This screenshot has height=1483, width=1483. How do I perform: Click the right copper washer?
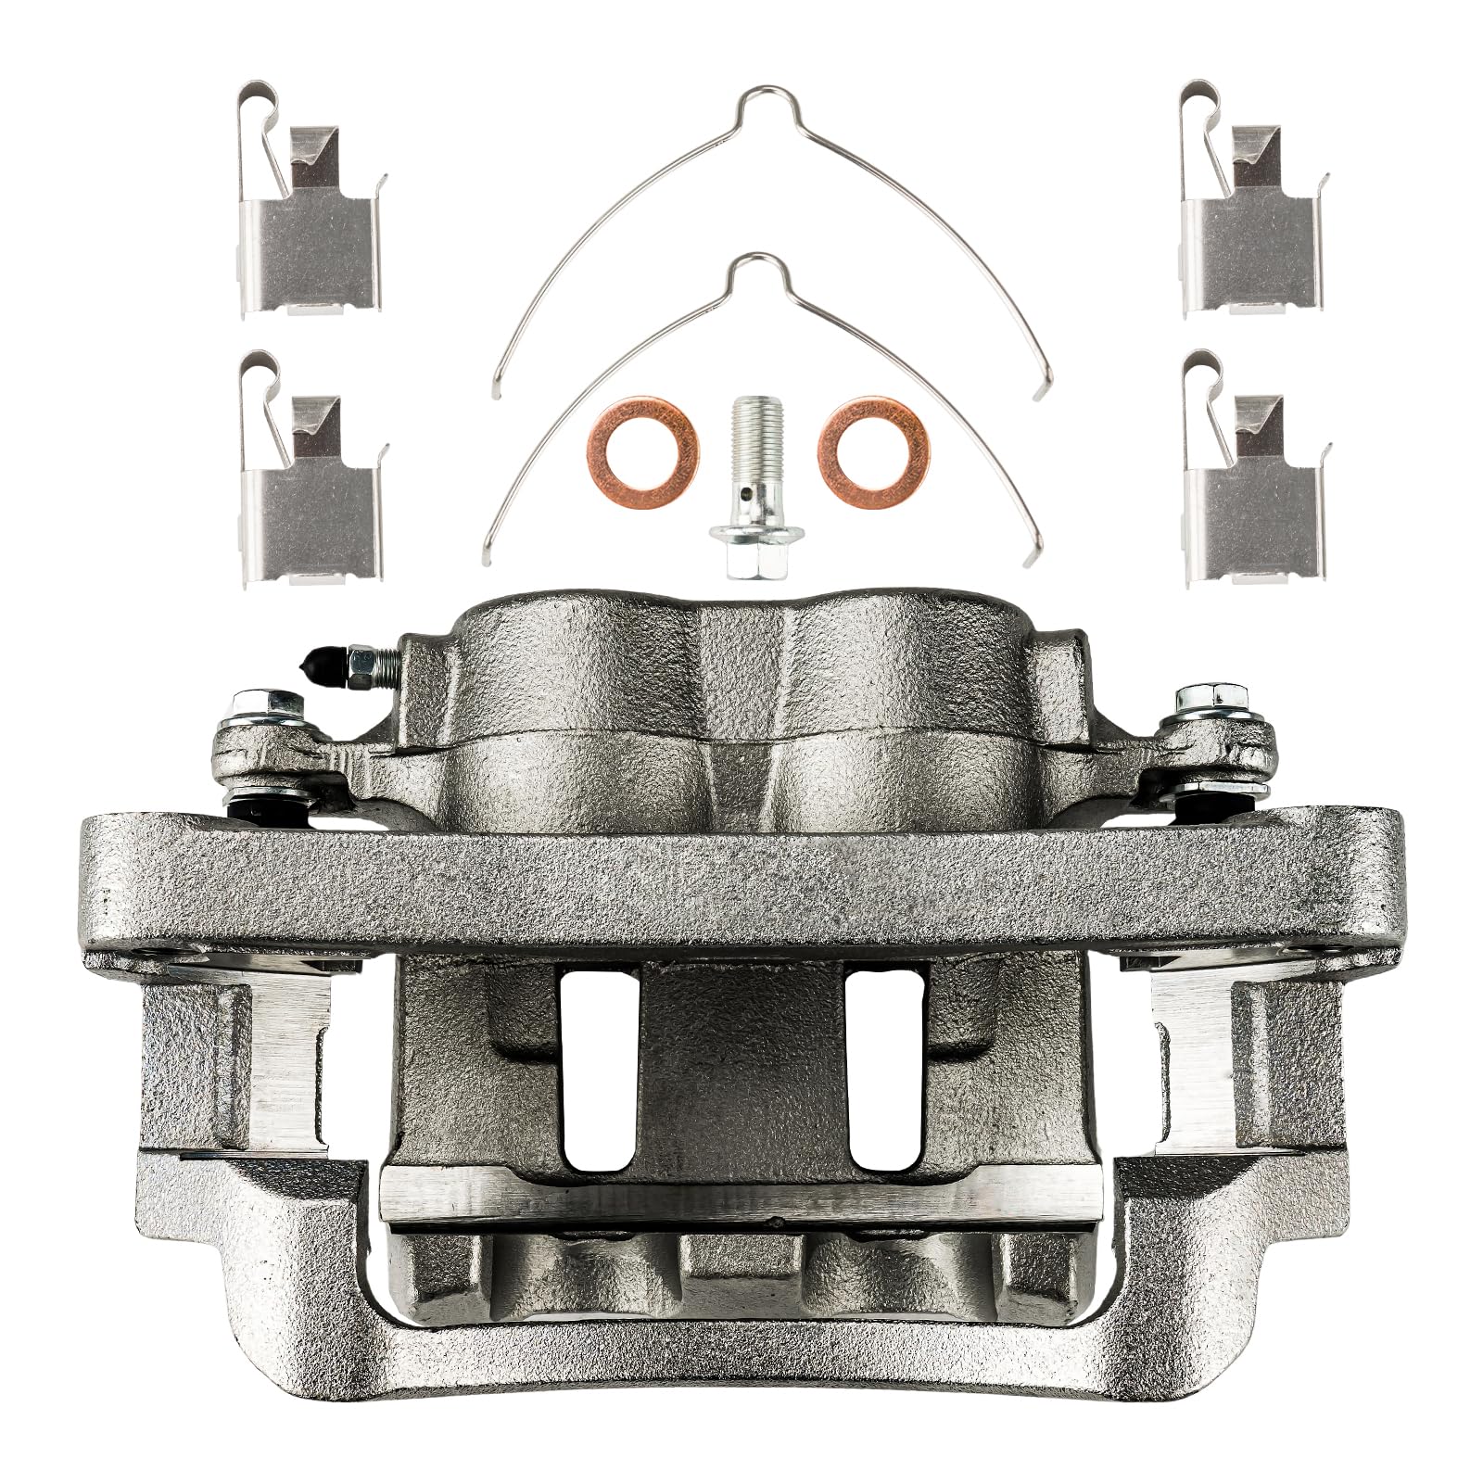click(873, 439)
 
